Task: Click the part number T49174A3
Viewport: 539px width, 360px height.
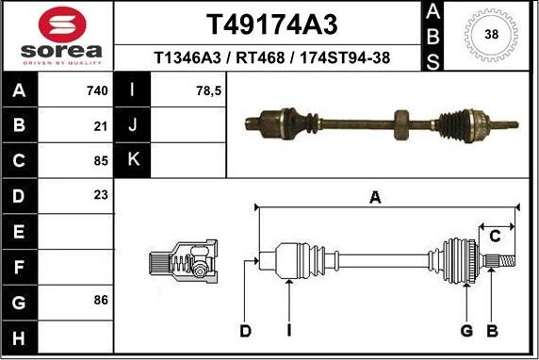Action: (270, 24)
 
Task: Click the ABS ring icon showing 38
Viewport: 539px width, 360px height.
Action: (491, 35)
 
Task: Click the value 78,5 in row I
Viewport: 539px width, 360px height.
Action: (207, 91)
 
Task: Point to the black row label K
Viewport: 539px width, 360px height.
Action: (132, 160)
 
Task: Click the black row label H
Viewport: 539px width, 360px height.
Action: (20, 335)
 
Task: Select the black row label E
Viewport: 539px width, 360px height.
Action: (20, 231)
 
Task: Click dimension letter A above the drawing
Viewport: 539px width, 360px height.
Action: (375, 197)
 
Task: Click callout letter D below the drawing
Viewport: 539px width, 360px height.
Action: (246, 330)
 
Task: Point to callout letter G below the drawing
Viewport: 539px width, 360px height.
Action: (465, 330)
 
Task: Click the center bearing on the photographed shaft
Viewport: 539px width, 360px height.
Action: (401, 123)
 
